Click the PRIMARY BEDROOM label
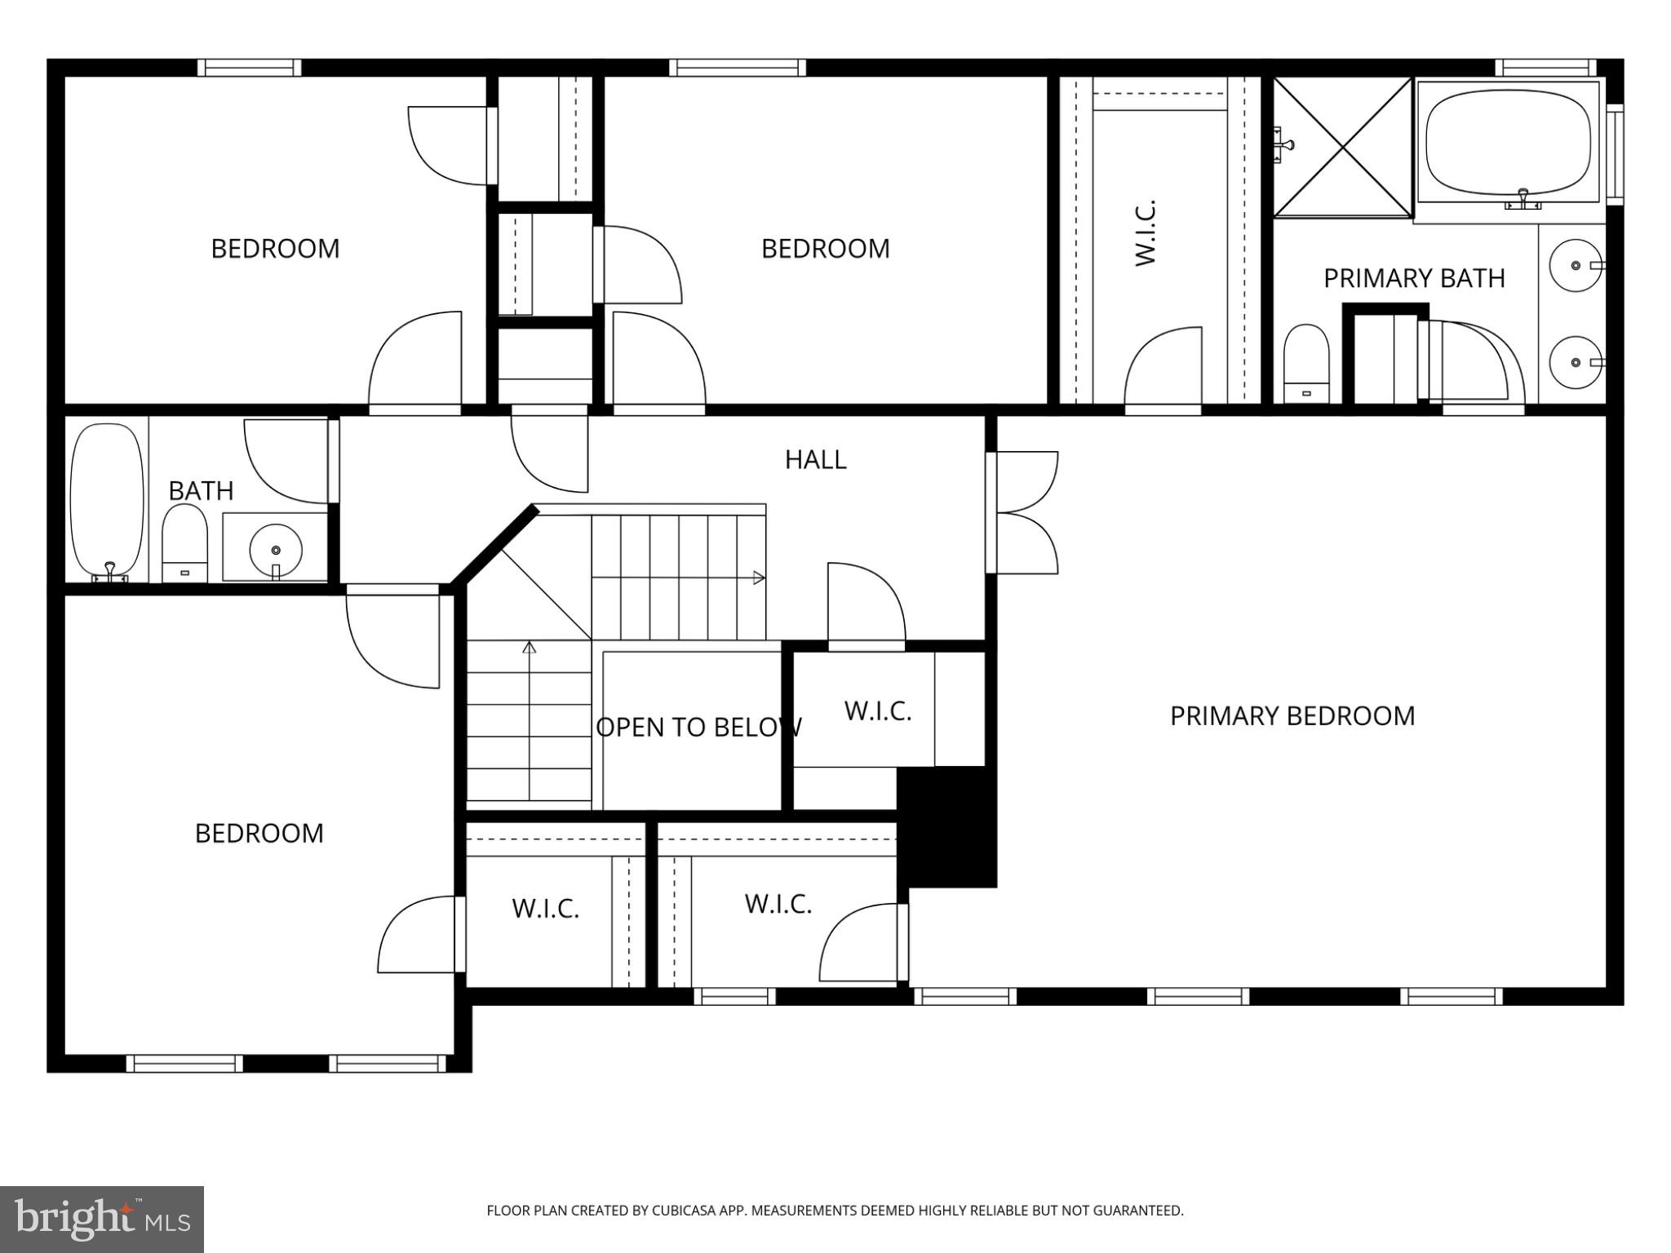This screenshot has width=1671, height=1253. click(1292, 716)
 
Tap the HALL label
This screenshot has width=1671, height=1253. click(815, 460)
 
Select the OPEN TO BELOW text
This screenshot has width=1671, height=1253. click(698, 728)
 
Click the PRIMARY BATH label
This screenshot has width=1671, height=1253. click(1414, 279)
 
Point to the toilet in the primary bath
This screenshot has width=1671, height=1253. click(1306, 363)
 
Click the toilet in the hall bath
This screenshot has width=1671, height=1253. click(184, 542)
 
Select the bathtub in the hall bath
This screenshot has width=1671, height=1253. click(107, 499)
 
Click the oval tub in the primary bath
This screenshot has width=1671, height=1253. click(1508, 142)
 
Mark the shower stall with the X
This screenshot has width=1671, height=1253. click(1342, 148)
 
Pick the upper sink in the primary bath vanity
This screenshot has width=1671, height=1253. click(1576, 266)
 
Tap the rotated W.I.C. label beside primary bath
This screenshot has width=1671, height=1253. click(1146, 232)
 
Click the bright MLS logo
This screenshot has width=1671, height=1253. click(102, 1219)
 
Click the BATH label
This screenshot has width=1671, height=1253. click(201, 491)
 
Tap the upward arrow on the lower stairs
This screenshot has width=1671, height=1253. click(530, 648)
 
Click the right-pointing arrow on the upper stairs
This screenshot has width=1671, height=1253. click(759, 578)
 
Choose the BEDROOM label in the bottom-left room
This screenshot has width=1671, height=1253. click(259, 834)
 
